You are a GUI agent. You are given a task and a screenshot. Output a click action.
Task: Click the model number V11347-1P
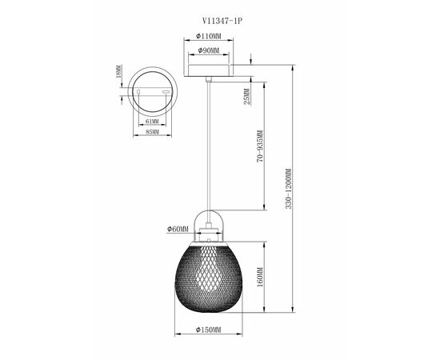[222, 21]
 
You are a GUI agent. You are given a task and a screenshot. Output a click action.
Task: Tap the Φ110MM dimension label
[209, 36]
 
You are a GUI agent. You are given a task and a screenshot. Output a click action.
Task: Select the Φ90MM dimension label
[209, 50]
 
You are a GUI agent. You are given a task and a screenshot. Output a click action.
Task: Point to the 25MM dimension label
[246, 97]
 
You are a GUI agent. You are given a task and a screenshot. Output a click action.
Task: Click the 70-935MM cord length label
[260, 146]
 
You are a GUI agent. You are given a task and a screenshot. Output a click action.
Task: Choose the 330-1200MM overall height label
[289, 188]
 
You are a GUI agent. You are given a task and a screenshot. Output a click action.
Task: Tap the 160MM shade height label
[260, 277]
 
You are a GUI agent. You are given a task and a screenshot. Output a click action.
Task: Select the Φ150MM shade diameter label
[209, 330]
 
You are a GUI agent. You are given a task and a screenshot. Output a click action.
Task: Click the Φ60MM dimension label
[178, 229]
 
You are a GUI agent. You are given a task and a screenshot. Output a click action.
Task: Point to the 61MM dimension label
[152, 122]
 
